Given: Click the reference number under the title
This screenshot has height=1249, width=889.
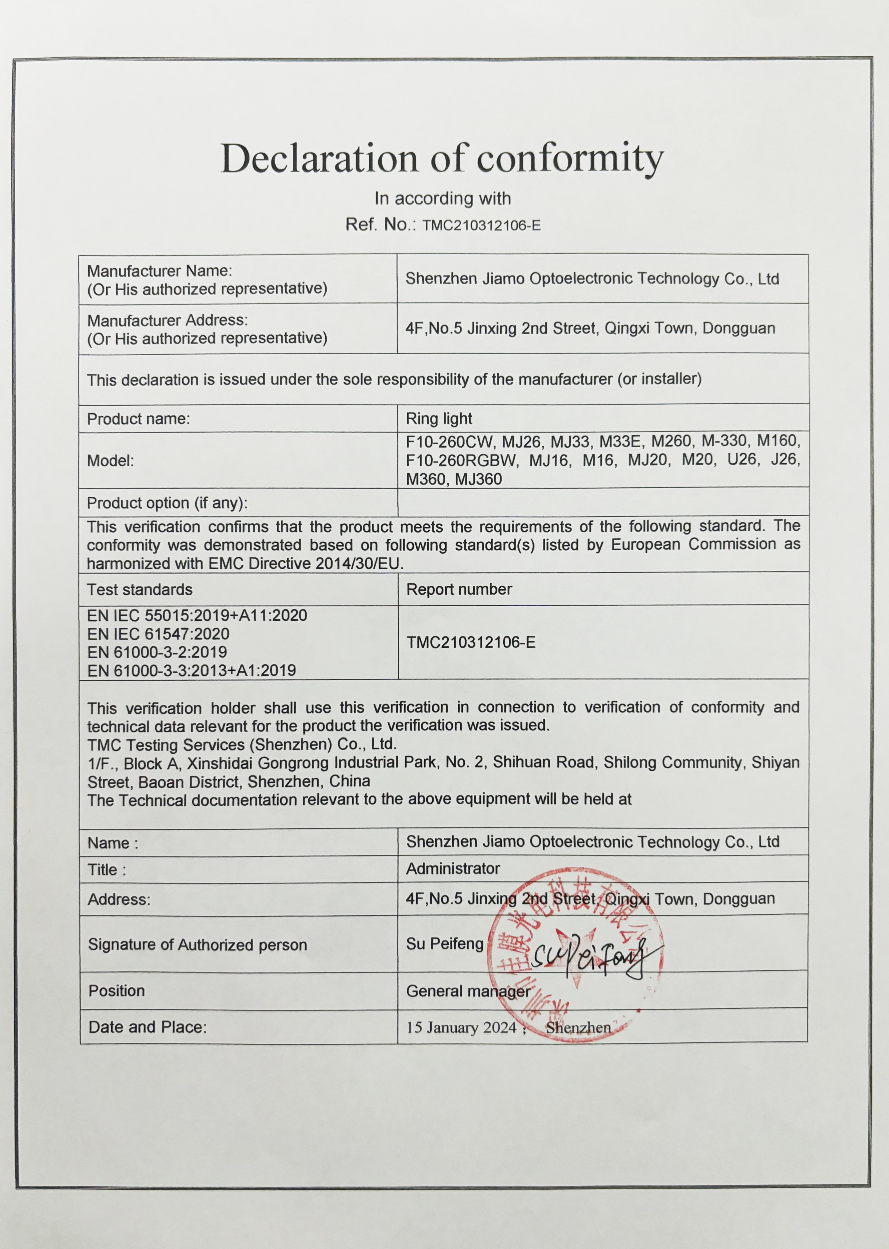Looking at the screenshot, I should [x=481, y=225].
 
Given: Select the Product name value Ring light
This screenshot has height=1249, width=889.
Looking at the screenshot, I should [x=438, y=419].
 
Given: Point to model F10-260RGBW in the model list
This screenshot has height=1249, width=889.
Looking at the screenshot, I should [x=461, y=460].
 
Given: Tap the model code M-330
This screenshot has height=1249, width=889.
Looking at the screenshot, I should [x=724, y=441].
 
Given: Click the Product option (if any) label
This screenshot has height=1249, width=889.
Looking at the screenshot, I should [x=167, y=503].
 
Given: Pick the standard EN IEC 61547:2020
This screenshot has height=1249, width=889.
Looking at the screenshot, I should [x=158, y=634].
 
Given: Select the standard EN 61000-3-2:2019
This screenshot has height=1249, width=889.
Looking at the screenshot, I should [x=156, y=652].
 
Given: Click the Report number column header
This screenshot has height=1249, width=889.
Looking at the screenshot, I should [x=459, y=589].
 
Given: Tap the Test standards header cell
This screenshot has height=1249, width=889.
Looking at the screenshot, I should [x=139, y=590].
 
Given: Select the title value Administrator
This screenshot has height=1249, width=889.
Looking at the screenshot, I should [x=453, y=869].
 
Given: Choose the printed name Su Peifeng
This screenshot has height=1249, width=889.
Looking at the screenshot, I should [x=445, y=944].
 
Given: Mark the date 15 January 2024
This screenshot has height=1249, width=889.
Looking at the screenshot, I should [x=461, y=1027].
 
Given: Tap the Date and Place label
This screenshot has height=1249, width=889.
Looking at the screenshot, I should [x=148, y=1027].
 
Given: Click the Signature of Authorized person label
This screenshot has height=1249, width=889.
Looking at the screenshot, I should [x=197, y=945].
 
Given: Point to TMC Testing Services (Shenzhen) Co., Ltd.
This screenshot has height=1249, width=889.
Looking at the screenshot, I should [x=242, y=744].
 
